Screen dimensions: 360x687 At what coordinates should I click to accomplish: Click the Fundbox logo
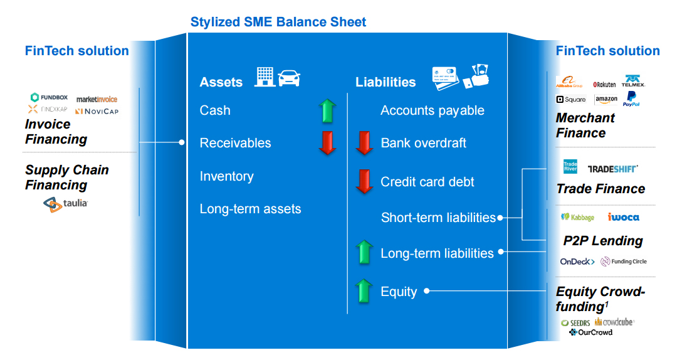49,98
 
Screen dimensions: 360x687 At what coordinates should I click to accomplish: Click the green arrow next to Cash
328,110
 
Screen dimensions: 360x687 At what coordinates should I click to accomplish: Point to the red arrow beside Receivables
328,143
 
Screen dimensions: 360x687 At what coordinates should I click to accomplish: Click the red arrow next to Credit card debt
364,181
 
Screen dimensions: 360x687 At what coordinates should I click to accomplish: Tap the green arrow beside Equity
364,292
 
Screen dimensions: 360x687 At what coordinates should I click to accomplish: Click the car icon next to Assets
289,78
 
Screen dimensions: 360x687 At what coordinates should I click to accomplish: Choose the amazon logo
606,99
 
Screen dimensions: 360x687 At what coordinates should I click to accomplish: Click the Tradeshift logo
612,169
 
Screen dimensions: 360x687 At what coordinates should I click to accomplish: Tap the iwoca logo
623,217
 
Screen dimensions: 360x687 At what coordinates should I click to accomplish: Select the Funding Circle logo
624,262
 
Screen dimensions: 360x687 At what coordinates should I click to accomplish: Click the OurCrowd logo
590,332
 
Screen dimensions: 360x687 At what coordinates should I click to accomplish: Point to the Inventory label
226,176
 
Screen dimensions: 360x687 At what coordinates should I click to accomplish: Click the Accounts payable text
432,110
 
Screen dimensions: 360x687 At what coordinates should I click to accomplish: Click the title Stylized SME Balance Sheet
278,22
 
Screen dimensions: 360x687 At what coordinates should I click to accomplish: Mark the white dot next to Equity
426,291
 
